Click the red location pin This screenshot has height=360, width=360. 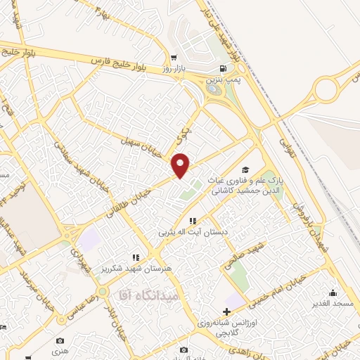pos(181,165)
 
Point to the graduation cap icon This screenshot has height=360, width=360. pos(245,169)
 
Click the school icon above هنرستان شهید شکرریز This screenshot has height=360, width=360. pos(135,258)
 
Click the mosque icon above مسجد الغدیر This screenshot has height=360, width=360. pos(333,293)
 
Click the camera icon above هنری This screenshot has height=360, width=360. pos(61,338)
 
